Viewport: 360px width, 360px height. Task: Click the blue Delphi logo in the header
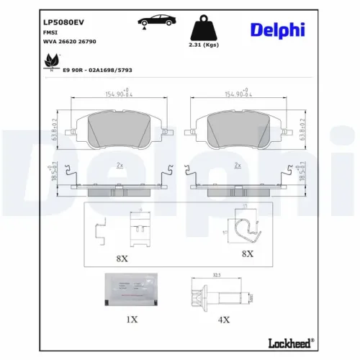pos(278,30)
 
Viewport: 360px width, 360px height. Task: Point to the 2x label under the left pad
pos(120,165)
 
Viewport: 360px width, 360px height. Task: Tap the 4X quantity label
pos(223,320)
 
